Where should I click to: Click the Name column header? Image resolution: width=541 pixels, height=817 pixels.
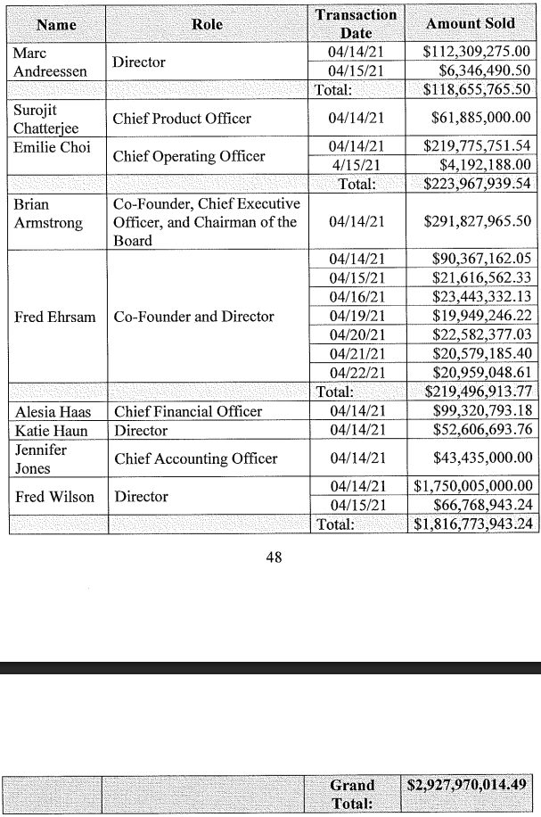pos(56,24)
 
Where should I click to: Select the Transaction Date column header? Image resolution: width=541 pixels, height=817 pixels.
pos(356,24)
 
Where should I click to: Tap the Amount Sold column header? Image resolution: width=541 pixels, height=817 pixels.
pos(470,24)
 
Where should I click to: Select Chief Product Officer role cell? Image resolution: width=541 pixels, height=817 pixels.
pos(182,119)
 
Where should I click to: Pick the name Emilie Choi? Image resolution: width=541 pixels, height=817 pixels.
pos(45,146)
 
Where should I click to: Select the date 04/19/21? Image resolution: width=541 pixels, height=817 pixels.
pos(356,316)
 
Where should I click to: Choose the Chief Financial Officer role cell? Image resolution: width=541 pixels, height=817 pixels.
pos(187,411)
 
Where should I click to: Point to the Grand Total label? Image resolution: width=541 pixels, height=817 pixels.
pos(352,794)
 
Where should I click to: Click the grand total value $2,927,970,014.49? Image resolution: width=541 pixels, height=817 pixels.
pos(469,786)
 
